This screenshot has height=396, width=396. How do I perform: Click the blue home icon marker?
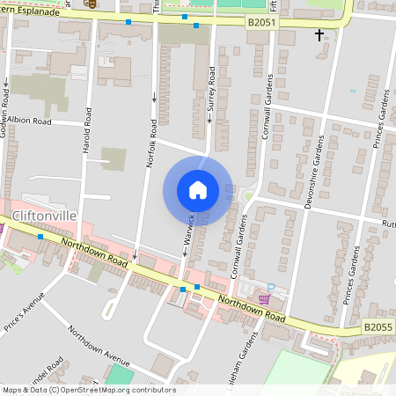(198, 189)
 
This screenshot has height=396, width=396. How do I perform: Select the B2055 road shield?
(378, 326)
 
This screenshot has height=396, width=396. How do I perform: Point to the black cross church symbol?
(319, 34)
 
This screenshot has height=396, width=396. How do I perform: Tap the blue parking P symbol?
(271, 287)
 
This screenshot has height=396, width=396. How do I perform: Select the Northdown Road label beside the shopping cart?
(253, 309)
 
